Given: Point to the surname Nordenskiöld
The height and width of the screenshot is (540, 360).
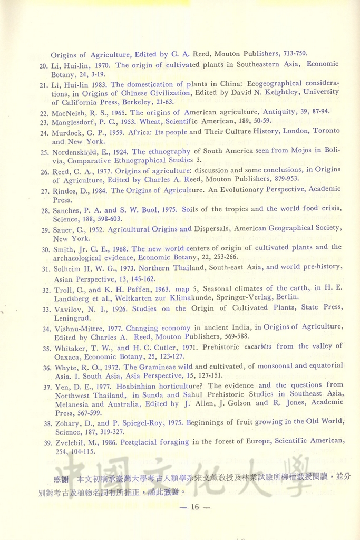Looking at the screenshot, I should pyautogui.click(x=77, y=152).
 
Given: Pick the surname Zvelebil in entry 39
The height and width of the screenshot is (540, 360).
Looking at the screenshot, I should pyautogui.click(x=69, y=442).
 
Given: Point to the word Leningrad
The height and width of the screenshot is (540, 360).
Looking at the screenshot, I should pyautogui.click(x=73, y=319).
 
